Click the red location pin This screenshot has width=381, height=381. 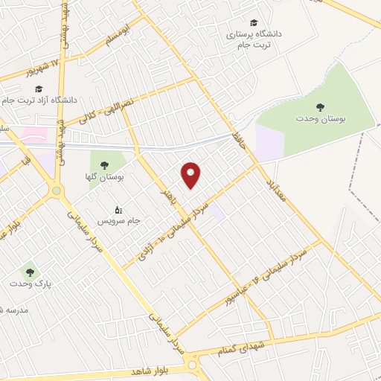(x=192, y=174)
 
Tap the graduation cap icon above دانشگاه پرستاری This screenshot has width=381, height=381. (x=255, y=23)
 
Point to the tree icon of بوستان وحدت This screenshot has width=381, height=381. (x=321, y=108)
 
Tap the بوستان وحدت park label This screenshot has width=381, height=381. (x=321, y=120)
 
